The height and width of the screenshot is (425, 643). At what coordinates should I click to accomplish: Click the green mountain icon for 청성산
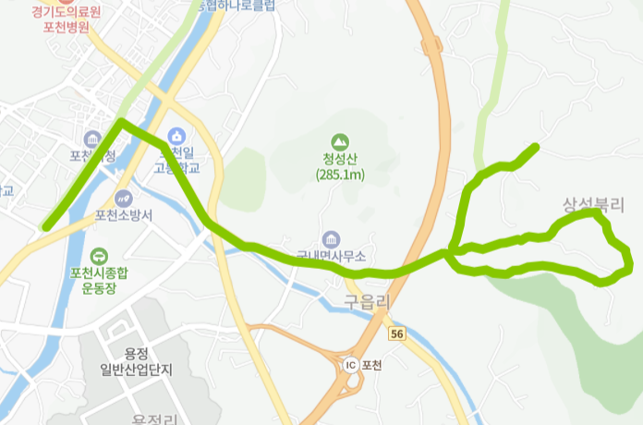(x=340, y=141)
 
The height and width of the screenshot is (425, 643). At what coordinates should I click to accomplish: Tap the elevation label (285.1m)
(x=340, y=174)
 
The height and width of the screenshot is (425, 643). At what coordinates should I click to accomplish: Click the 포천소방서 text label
(x=124, y=215)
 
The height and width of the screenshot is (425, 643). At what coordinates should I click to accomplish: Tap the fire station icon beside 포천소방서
(x=123, y=198)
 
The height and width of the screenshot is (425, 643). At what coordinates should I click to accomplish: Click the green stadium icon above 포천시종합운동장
(x=99, y=256)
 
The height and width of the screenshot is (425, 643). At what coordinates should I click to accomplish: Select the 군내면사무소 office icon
(x=331, y=239)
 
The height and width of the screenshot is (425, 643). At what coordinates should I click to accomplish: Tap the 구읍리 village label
(x=368, y=301)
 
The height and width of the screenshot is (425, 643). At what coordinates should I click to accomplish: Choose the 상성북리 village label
(x=593, y=204)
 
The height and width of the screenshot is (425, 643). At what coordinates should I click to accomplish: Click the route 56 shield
(x=397, y=333)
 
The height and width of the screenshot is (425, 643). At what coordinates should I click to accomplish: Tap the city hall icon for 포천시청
(x=91, y=139)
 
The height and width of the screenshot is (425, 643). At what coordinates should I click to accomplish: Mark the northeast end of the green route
(x=536, y=146)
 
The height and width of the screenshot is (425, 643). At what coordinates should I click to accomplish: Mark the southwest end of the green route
(x=45, y=225)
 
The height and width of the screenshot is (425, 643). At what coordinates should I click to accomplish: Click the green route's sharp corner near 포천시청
(x=120, y=121)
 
